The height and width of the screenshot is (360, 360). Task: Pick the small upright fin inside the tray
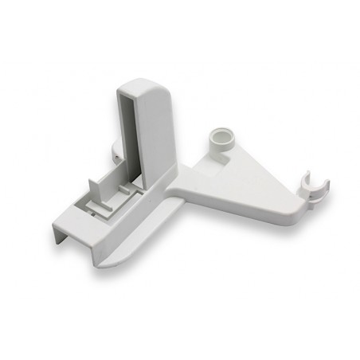click(93, 192)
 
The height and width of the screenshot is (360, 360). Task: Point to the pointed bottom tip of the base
click(107, 264)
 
